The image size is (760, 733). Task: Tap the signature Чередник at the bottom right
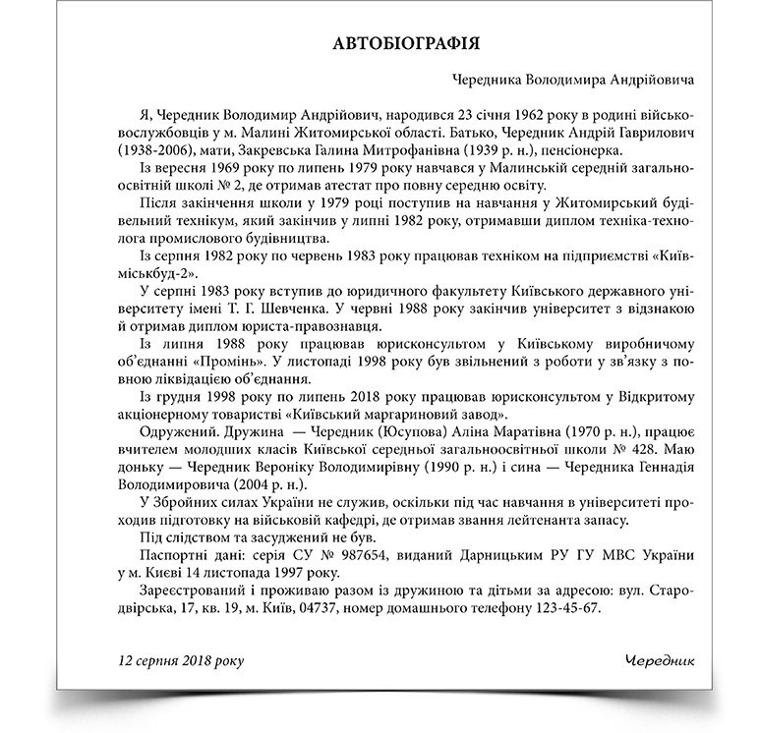coord(659,657)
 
